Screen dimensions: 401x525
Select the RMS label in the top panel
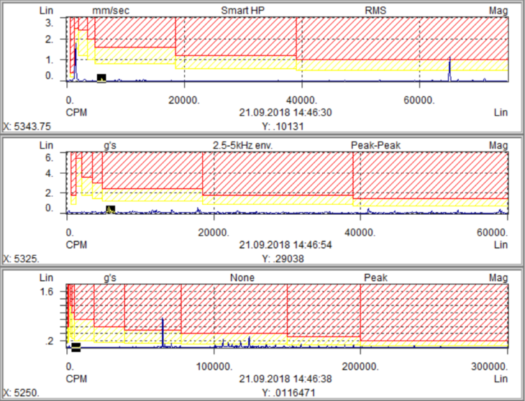click(375, 11)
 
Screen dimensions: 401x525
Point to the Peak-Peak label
click(375, 145)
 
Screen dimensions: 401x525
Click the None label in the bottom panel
click(242, 277)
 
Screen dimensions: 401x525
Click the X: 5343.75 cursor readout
click(27, 126)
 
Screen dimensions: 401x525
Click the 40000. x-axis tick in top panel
click(301, 100)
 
